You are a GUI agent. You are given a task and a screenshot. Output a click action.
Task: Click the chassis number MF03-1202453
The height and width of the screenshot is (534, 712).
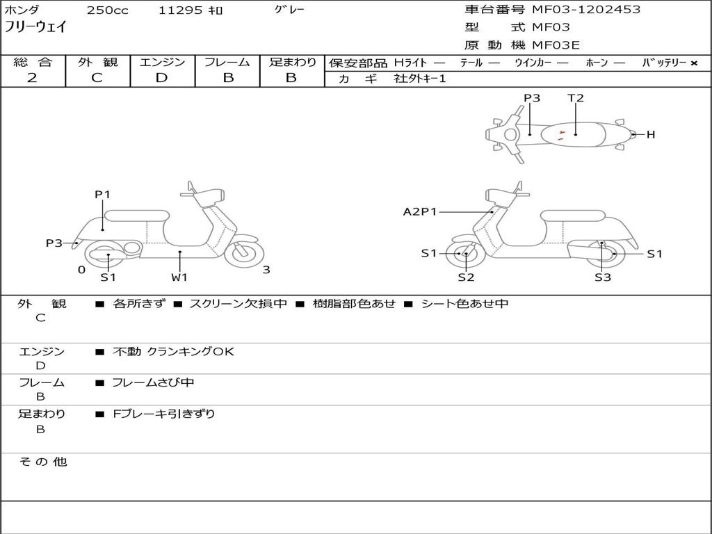click(x=586, y=10)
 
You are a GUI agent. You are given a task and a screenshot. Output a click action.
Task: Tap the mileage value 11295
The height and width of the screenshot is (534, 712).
click(x=180, y=10)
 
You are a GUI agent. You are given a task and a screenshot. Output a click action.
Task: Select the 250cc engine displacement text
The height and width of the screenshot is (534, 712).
click(x=107, y=10)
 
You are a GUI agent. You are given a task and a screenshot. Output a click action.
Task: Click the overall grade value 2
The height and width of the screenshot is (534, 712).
click(x=32, y=78)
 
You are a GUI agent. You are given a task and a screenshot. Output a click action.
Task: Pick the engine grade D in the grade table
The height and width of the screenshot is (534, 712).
click(x=161, y=78)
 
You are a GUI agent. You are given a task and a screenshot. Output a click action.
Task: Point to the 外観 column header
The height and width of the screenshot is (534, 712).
click(x=97, y=63)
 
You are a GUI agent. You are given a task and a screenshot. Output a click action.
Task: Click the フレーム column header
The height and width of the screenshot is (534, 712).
click(x=227, y=63)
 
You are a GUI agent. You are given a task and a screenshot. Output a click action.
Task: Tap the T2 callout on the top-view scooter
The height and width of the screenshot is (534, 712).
click(x=576, y=98)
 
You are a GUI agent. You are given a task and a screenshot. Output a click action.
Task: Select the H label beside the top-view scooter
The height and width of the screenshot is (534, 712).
click(x=651, y=135)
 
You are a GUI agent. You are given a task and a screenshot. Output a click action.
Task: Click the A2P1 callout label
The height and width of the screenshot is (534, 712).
click(x=420, y=211)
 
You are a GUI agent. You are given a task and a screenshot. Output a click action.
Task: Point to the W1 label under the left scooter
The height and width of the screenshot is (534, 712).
click(x=179, y=277)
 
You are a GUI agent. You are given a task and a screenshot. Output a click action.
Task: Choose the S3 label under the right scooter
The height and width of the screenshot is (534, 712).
click(x=602, y=277)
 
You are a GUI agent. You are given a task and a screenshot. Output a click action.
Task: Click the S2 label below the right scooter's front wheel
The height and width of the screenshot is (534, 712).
click(x=466, y=277)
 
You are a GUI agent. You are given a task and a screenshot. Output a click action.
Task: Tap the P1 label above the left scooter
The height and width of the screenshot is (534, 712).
click(x=103, y=195)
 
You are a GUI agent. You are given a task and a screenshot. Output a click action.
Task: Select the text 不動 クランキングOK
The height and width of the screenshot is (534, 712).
click(x=173, y=352)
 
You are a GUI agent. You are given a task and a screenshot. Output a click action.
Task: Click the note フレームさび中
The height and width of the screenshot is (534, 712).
click(x=154, y=382)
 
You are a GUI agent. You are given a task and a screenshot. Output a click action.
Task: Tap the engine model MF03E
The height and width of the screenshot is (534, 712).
click(x=556, y=46)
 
